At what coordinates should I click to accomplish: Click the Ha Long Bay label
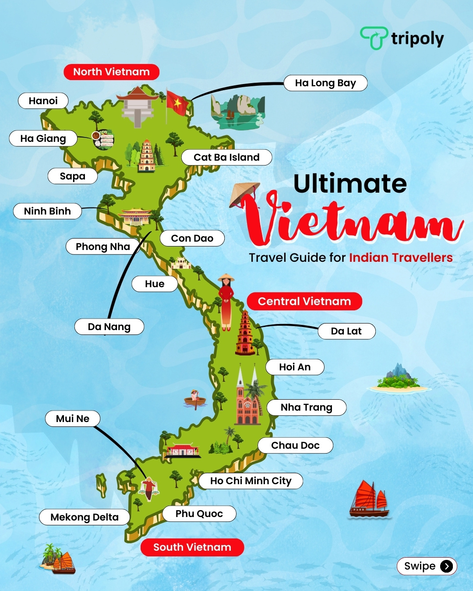tap(325, 83)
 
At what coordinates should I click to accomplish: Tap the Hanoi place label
tap(43, 101)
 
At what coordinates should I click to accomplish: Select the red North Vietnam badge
tap(111, 72)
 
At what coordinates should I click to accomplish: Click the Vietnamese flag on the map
tap(177, 103)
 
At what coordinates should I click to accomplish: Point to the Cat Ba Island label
tap(226, 157)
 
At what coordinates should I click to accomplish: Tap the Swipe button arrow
tap(446, 566)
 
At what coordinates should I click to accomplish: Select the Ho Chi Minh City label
tap(251, 481)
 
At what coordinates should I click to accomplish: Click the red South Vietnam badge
tap(192, 547)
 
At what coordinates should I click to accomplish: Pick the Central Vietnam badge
tap(304, 301)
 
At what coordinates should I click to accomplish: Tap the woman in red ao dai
tap(226, 302)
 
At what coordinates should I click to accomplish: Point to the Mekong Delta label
tap(85, 517)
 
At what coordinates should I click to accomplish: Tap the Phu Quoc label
tap(199, 514)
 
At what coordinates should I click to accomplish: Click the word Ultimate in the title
tap(350, 183)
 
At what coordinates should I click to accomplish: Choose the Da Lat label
tap(346, 331)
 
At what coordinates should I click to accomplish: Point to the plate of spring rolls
tap(103, 140)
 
